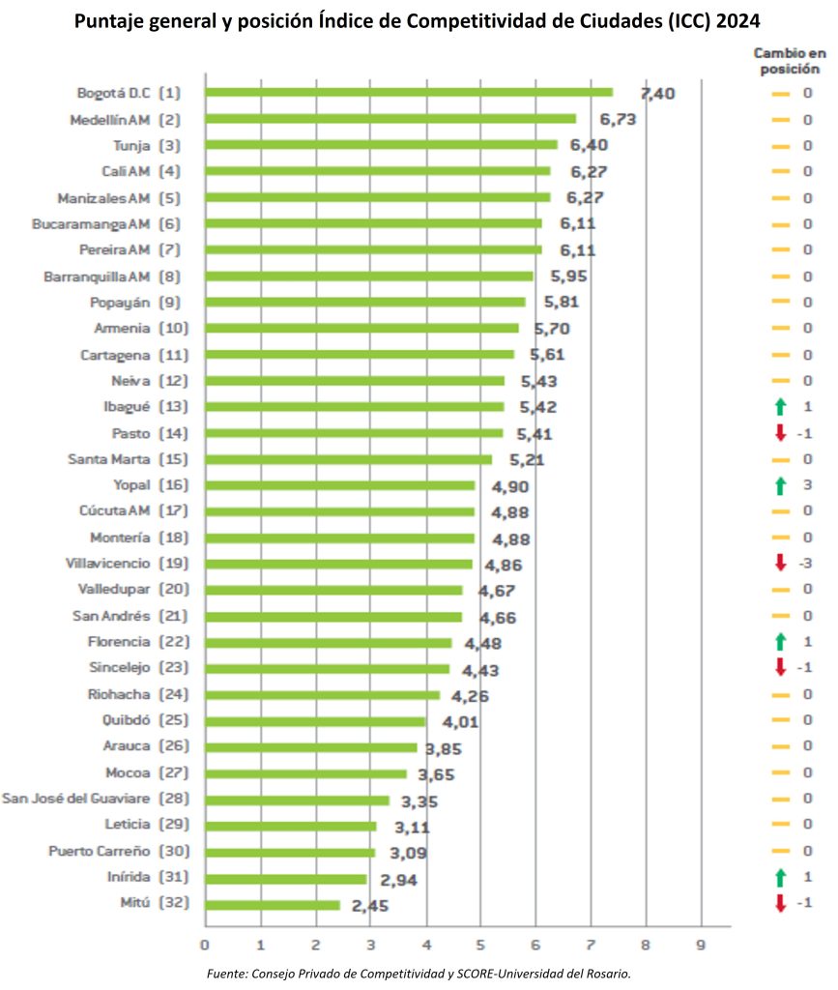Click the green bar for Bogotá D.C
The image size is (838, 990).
tap(409, 93)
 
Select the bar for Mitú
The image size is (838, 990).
tap(273, 905)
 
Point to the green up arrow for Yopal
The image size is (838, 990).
tap(780, 484)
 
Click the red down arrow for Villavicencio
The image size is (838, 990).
tap(780, 563)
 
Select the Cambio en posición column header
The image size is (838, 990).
tap(789, 62)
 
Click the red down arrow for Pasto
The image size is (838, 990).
tap(780, 433)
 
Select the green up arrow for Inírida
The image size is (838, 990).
tap(780, 877)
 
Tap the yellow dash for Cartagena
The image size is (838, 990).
tap(780, 355)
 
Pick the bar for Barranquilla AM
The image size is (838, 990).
tap(369, 277)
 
